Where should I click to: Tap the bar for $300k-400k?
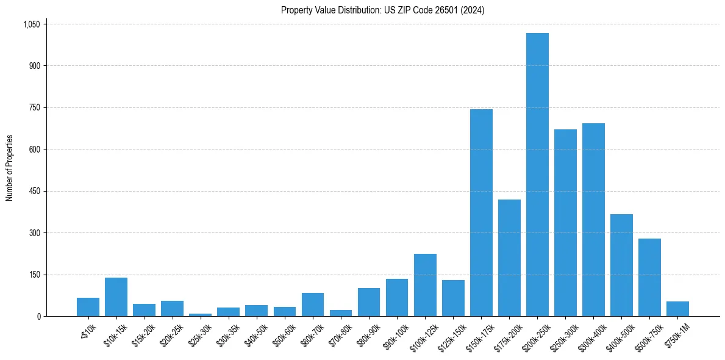tap(593, 220)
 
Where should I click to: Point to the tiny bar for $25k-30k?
tap(200, 315)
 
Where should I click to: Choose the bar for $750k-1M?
tap(677, 309)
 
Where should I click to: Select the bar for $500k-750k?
tap(649, 277)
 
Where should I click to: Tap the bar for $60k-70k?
tap(313, 304)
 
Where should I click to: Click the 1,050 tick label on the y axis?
tap(31, 24)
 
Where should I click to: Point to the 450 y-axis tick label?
tap(35, 191)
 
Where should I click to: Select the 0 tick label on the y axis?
tap(38, 316)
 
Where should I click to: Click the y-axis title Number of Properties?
tap(10, 168)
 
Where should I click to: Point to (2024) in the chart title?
tap(473, 10)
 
